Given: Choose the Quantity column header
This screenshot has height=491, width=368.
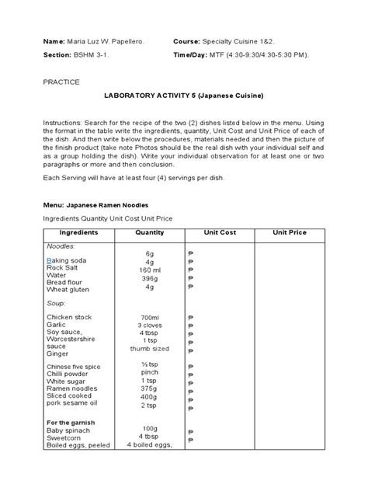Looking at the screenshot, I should [149, 232].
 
